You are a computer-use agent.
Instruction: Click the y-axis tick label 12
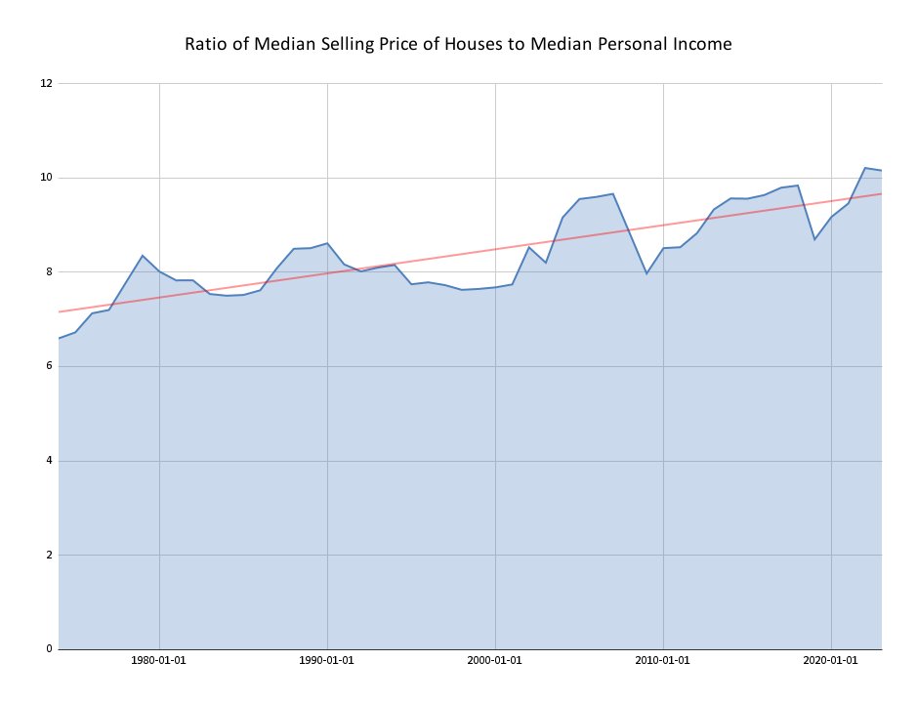pos(46,84)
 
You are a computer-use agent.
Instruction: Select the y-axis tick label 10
pos(46,178)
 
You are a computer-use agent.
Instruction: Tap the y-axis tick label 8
pos(49,271)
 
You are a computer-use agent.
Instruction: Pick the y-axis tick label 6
pos(49,366)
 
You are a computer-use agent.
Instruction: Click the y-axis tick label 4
pos(49,461)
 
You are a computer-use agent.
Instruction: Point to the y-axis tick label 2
pos(49,555)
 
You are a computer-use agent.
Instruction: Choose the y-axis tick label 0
pos(49,649)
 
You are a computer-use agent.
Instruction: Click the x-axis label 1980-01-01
pos(159,660)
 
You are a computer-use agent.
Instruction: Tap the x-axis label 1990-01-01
pos(327,660)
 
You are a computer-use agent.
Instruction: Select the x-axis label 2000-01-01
pos(495,660)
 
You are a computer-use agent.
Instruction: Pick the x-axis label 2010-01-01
pos(662,660)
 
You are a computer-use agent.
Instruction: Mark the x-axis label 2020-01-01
pos(831,660)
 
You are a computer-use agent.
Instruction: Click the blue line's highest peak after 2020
pos(865,168)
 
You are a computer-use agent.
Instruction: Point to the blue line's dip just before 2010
pos(646,273)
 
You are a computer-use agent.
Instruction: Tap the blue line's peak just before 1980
pos(143,256)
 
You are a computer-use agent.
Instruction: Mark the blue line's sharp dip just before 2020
pos(814,239)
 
